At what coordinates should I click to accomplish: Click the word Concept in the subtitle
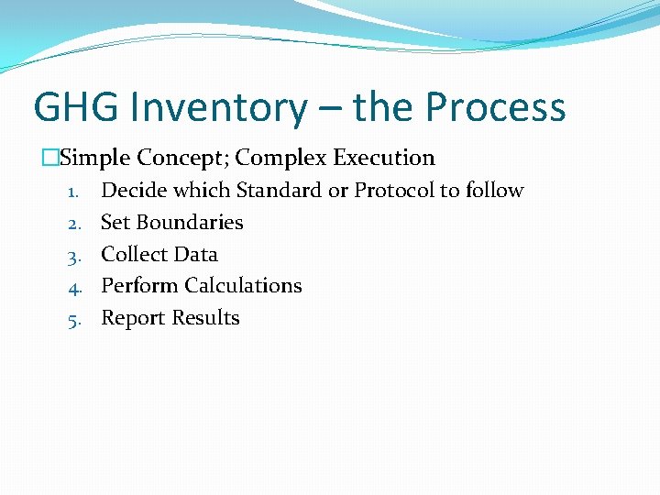coord(186,158)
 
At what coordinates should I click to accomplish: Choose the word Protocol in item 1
coord(394,191)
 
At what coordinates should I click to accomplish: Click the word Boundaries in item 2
coord(190,223)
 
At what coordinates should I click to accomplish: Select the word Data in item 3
coord(197,254)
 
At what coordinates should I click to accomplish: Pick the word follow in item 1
coord(494,191)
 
